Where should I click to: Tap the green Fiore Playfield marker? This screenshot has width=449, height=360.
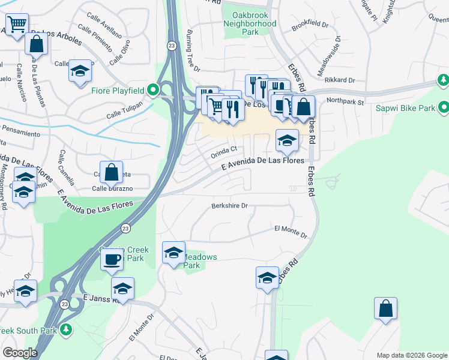pos(153,91)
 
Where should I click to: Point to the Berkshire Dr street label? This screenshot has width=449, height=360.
pos(229,206)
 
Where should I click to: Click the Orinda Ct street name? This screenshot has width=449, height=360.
pos(224,153)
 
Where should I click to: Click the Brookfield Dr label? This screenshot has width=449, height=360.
pos(310,26)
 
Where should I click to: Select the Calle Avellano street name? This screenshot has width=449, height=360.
pos(104,22)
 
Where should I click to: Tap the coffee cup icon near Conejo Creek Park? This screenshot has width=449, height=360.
pos(112,260)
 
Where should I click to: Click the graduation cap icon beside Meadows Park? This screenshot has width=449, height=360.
pos(173,252)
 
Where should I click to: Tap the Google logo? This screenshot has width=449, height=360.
pos(20,353)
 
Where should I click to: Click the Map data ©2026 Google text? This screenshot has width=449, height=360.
pos(411,355)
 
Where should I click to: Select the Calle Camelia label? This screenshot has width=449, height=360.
pos(67,167)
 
